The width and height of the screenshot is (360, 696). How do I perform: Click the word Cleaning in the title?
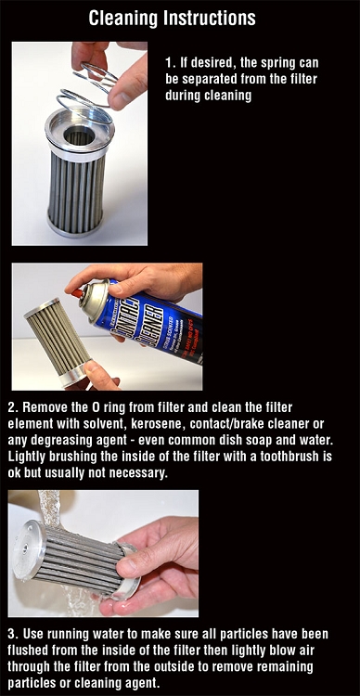click(123, 19)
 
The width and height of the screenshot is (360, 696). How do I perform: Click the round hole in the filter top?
click(80, 135)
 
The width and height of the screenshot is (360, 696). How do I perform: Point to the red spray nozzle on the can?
click(78, 293)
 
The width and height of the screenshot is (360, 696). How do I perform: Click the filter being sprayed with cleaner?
click(58, 340)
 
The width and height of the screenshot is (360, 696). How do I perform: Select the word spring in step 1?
click(267, 64)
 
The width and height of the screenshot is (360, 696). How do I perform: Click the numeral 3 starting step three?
click(11, 633)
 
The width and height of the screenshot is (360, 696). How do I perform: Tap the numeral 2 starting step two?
click(11, 407)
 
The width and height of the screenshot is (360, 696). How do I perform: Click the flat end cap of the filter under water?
click(28, 549)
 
